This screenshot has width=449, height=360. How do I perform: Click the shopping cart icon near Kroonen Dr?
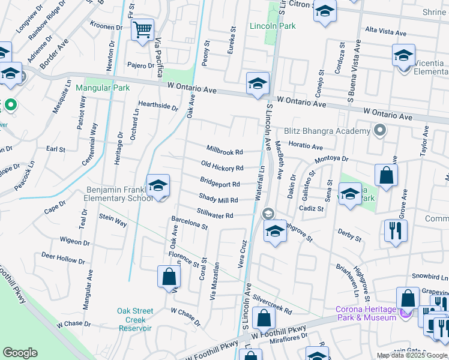pos(142,30)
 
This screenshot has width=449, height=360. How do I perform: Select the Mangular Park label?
pos(103,88)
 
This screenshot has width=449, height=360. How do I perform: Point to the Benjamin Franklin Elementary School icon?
pos(158,186)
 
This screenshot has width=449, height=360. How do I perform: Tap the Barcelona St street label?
pos(189,223)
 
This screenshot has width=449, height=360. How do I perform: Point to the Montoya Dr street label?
pos(331,158)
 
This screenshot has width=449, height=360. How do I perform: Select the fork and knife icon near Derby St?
pos(395,231)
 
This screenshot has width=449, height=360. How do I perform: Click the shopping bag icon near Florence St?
pos(169,277)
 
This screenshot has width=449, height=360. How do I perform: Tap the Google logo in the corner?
pos(20,353)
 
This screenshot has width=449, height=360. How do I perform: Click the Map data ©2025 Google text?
pos(412,355)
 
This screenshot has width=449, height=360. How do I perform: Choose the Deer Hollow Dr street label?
pos(63,259)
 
